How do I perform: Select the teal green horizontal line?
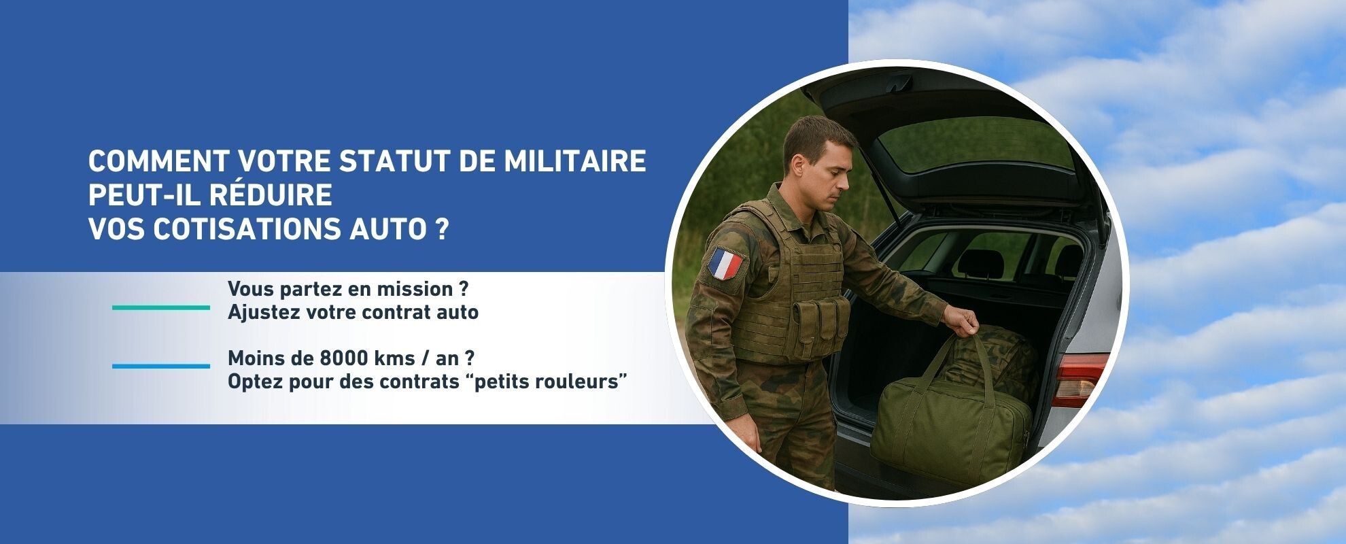(161, 307)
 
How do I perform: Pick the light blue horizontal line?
(161, 366)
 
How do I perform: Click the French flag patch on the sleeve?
(726, 264)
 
